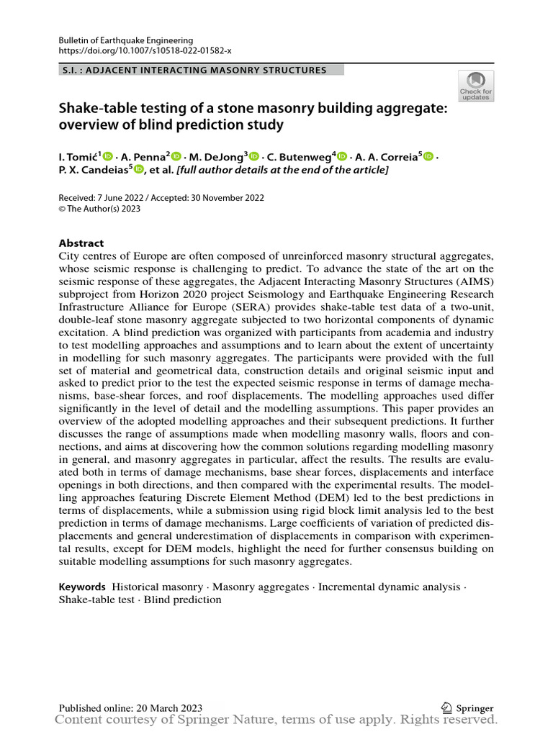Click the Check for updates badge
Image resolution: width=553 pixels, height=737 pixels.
(476, 86)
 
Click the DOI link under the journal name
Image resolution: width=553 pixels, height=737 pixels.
(145, 50)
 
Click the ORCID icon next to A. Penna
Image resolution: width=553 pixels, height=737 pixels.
(176, 155)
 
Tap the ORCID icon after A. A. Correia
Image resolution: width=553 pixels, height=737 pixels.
(429, 155)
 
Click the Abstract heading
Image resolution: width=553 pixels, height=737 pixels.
(81, 243)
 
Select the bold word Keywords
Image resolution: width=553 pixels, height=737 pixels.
(82, 587)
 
